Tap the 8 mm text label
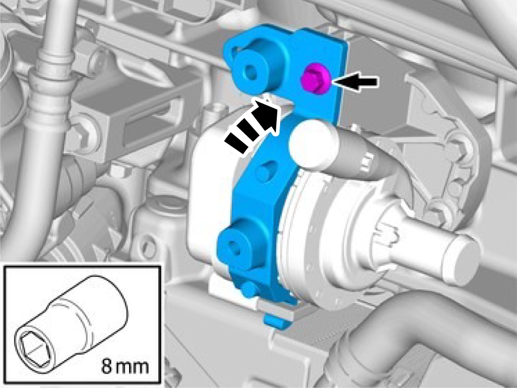[x=125, y=366]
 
